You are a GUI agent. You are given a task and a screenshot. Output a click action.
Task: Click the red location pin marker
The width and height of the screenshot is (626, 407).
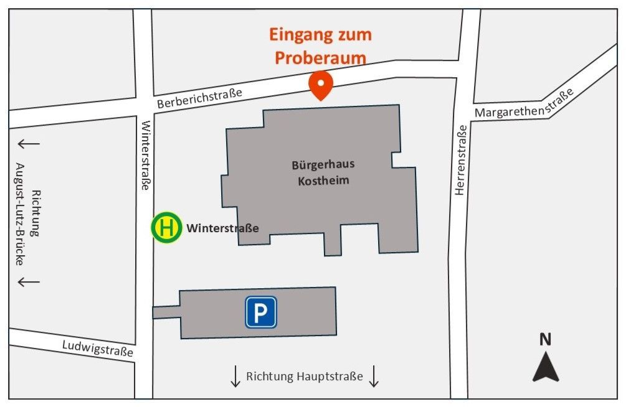click(321, 85)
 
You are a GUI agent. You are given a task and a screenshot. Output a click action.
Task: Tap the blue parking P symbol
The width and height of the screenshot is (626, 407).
click(260, 312)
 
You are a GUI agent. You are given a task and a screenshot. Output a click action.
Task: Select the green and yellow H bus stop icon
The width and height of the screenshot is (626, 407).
click(166, 227)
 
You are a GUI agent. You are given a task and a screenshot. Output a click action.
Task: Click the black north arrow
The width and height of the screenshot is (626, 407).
click(546, 367)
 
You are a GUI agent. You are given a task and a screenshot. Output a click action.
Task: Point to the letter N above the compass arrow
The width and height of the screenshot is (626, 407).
click(546, 339)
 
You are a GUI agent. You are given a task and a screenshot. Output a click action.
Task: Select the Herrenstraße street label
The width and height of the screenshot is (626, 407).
click(461, 160)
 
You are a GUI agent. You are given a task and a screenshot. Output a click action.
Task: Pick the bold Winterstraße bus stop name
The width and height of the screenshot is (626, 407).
click(222, 228)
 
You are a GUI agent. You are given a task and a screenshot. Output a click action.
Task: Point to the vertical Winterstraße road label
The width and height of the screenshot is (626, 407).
click(146, 155)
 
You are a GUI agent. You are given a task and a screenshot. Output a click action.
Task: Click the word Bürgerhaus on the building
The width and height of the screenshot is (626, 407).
click(323, 165)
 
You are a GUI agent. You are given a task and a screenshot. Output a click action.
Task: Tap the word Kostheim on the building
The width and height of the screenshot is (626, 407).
click(323, 180)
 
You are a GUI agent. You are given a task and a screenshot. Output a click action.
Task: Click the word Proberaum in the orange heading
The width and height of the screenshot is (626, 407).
click(321, 57)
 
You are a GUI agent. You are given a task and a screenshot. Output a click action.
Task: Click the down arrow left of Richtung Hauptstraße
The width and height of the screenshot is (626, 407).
click(235, 377)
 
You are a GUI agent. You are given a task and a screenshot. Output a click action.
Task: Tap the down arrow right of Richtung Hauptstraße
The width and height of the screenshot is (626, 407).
click(374, 377)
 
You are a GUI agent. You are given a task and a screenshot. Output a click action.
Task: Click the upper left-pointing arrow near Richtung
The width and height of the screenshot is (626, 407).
click(28, 144)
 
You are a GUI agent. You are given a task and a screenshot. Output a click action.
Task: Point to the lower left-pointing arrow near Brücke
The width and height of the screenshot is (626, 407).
click(28, 282)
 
